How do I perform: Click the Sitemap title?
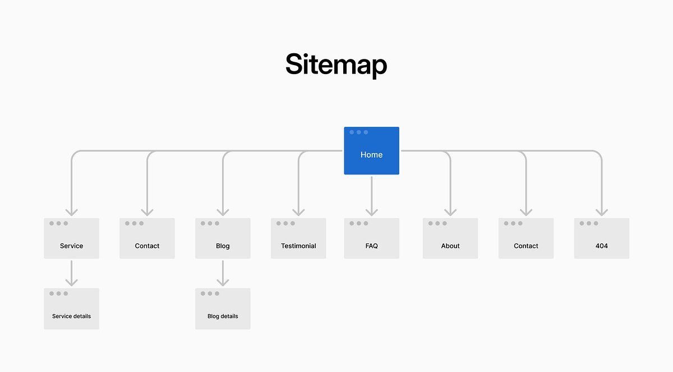coord(336,64)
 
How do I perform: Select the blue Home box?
coord(371,151)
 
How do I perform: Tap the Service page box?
coord(71,238)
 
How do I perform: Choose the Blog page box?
coord(223,238)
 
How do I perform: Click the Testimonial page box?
coord(298,238)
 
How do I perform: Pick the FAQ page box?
coord(371,238)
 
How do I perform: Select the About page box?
coord(450,238)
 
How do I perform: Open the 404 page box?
coord(602,238)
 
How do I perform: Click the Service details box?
coord(71,309)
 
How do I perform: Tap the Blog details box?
coord(223,309)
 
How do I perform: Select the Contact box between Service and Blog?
coord(147,238)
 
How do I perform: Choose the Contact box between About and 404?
coord(526,238)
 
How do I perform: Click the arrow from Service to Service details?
coord(71,273)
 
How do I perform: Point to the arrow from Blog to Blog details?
coord(223,273)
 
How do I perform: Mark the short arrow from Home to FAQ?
coord(371,196)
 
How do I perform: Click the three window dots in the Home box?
coord(358,132)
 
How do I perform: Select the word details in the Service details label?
coord(81,316)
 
